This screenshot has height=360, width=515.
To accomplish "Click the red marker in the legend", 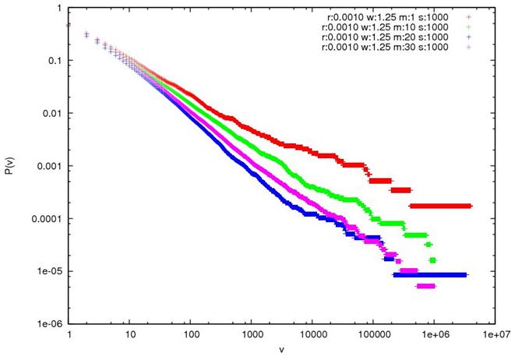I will click(x=468, y=16).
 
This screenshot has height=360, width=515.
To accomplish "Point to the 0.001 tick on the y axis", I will click(x=49, y=166).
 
